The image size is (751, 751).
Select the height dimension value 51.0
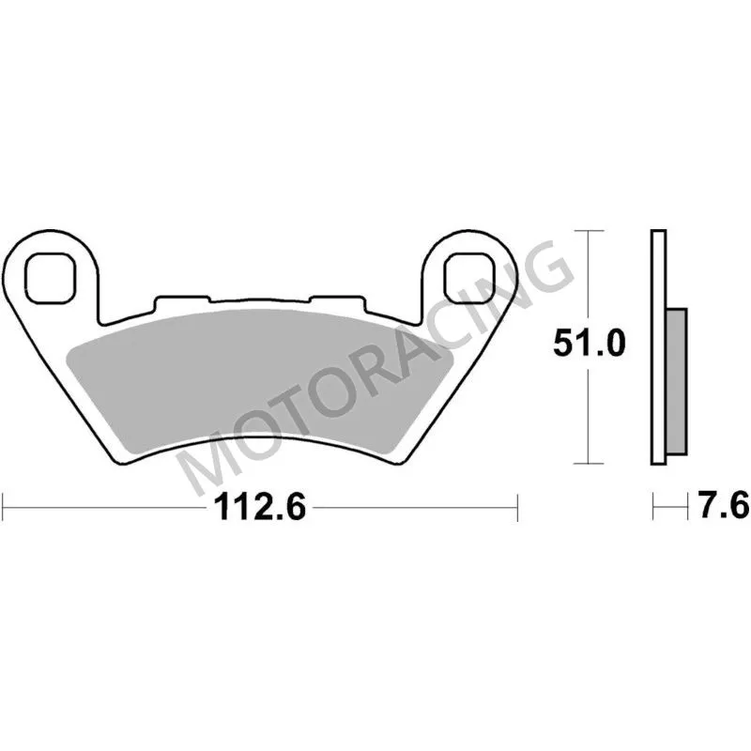(588, 345)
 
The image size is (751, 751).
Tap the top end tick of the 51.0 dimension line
(588, 230)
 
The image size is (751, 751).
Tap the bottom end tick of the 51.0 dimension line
(588, 463)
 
